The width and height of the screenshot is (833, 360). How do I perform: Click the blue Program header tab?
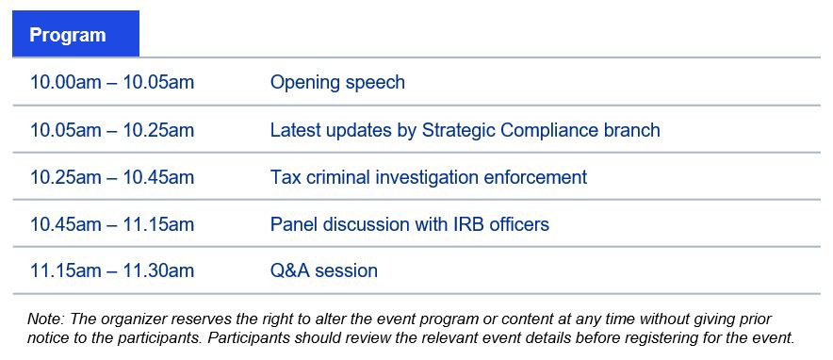point(75,33)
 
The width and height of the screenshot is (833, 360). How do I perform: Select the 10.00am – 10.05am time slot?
point(112,82)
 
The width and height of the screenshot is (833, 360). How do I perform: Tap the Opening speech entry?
point(337,82)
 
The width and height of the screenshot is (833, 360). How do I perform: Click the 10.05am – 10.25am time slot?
point(112,130)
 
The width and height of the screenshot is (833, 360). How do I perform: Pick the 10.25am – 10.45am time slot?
point(112,177)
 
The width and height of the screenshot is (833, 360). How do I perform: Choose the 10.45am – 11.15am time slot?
point(112,224)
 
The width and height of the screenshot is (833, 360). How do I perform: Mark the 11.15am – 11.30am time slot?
point(112,270)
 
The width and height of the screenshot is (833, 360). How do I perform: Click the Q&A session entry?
point(324,270)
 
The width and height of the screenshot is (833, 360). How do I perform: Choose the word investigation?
point(427,177)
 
